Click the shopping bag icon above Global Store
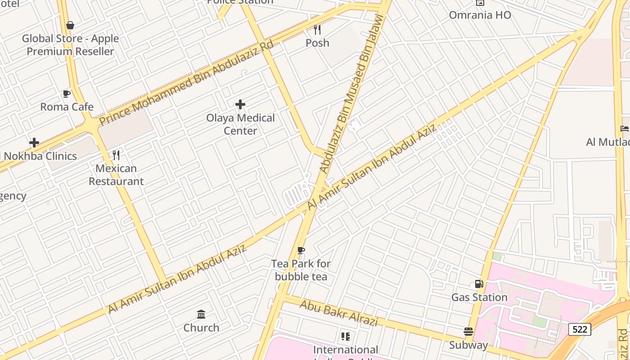point(70,25)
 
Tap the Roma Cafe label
point(67,107)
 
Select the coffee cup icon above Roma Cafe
point(67,94)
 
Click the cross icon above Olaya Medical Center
point(240,105)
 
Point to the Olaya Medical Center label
point(240,124)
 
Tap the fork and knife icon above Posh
point(317,30)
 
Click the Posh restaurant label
point(317,43)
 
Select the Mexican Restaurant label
point(116,175)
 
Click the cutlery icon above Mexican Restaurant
point(116,155)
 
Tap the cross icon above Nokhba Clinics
point(34,143)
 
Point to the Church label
point(201,328)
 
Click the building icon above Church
point(201,314)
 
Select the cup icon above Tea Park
point(301,251)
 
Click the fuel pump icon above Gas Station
point(479,284)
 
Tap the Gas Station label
point(479,297)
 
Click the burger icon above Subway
point(468,332)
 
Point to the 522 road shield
point(579,329)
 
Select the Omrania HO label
point(480,15)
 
